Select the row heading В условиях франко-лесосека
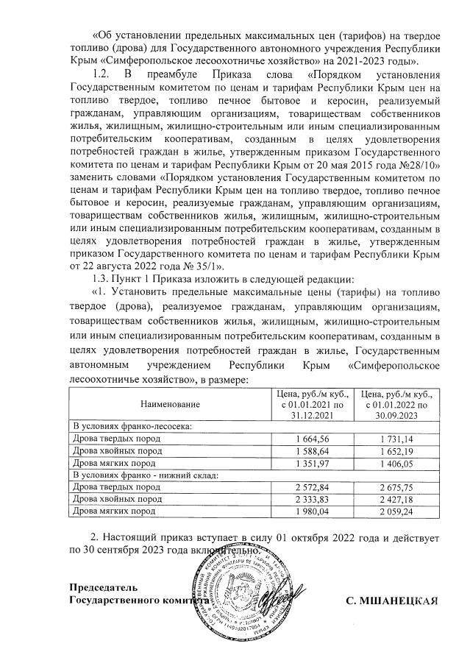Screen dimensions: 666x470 [x=131, y=426]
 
